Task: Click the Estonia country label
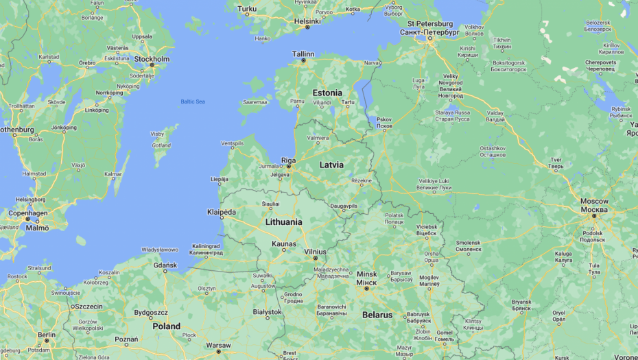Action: pos(327,93)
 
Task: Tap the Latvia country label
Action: pos(331,165)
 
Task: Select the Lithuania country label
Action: pos(283,222)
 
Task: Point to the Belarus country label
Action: pos(377,315)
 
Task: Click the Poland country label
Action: pos(167,326)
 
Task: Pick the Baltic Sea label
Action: pos(193,101)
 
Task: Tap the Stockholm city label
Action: pos(152,59)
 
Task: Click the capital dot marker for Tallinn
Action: pos(303,60)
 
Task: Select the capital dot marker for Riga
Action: pos(289,166)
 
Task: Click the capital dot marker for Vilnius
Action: pos(316,258)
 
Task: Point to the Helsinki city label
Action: pos(307,21)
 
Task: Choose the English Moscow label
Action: pos(594,201)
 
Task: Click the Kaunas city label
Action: pos(284,243)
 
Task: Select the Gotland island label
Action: pos(161,145)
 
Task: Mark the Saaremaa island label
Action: pos(255,102)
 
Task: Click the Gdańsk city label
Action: pos(165,265)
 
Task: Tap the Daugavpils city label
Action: pos(344,205)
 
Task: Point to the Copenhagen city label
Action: pos(28,213)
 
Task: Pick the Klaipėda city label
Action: pos(222,212)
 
